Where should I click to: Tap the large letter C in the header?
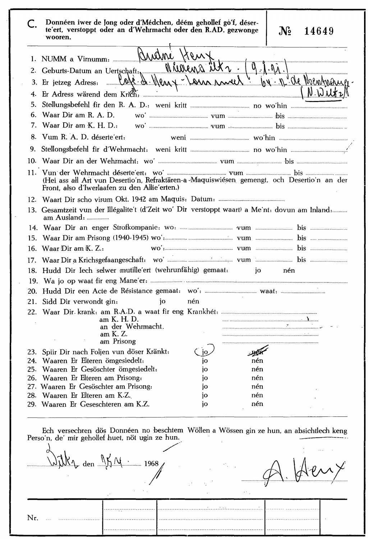[32, 24]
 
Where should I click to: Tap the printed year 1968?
[151, 463]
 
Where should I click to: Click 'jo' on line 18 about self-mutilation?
[258, 270]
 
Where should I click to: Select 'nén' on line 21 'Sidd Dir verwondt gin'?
[193, 301]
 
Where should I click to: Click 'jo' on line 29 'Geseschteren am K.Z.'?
[205, 404]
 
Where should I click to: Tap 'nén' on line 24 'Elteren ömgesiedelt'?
[257, 360]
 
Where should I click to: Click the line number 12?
[32, 199]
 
